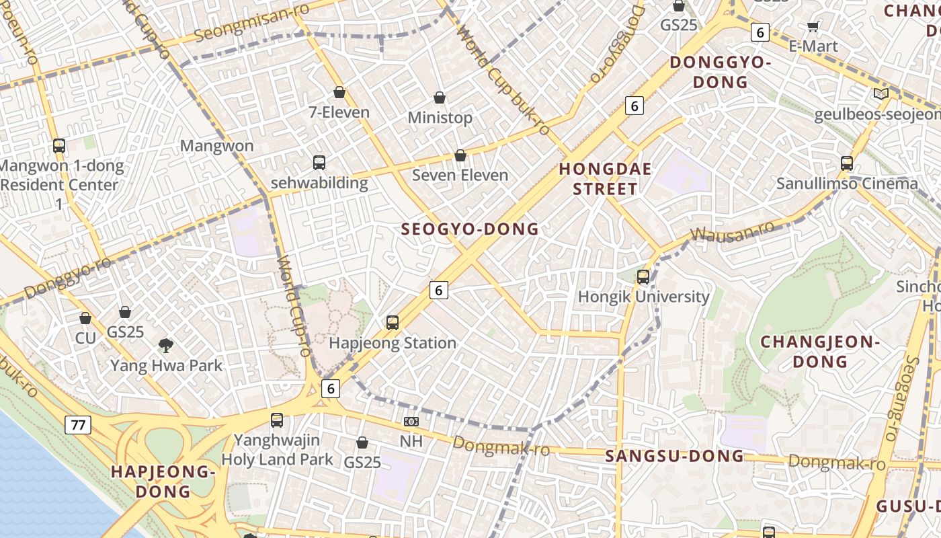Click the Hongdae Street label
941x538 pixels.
(605, 179)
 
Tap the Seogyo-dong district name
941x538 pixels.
(470, 229)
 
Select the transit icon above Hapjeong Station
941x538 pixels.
(393, 323)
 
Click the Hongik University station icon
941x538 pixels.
(643, 276)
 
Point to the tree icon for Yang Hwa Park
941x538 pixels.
(165, 346)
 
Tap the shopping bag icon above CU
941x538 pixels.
(85, 318)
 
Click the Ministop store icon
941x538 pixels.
(440, 98)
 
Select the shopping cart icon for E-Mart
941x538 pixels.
(813, 27)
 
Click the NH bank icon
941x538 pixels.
(411, 422)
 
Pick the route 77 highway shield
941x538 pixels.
(78, 424)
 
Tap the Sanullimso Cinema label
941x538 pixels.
(847, 184)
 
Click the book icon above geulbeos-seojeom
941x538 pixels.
(881, 94)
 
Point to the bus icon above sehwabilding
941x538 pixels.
(319, 163)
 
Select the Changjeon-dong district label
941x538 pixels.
(820, 352)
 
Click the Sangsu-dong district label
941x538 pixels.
(675, 456)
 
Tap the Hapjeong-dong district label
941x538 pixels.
(163, 481)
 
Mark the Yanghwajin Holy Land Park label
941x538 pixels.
(277, 450)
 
